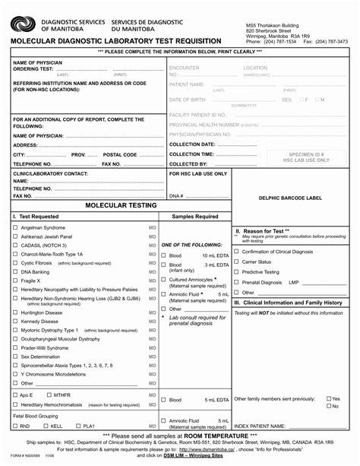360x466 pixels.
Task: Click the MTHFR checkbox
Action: tap(49, 395)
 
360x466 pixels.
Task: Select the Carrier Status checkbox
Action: tap(237, 262)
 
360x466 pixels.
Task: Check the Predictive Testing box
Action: tap(237, 271)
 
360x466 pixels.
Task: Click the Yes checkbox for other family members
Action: tap(329, 398)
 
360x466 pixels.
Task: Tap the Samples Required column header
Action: tap(195, 217)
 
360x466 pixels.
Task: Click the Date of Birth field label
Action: tap(186, 100)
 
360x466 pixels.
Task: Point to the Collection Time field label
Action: tap(191, 154)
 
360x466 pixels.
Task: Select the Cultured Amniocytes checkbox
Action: tap(163, 280)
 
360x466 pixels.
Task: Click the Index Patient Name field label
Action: tap(260, 426)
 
